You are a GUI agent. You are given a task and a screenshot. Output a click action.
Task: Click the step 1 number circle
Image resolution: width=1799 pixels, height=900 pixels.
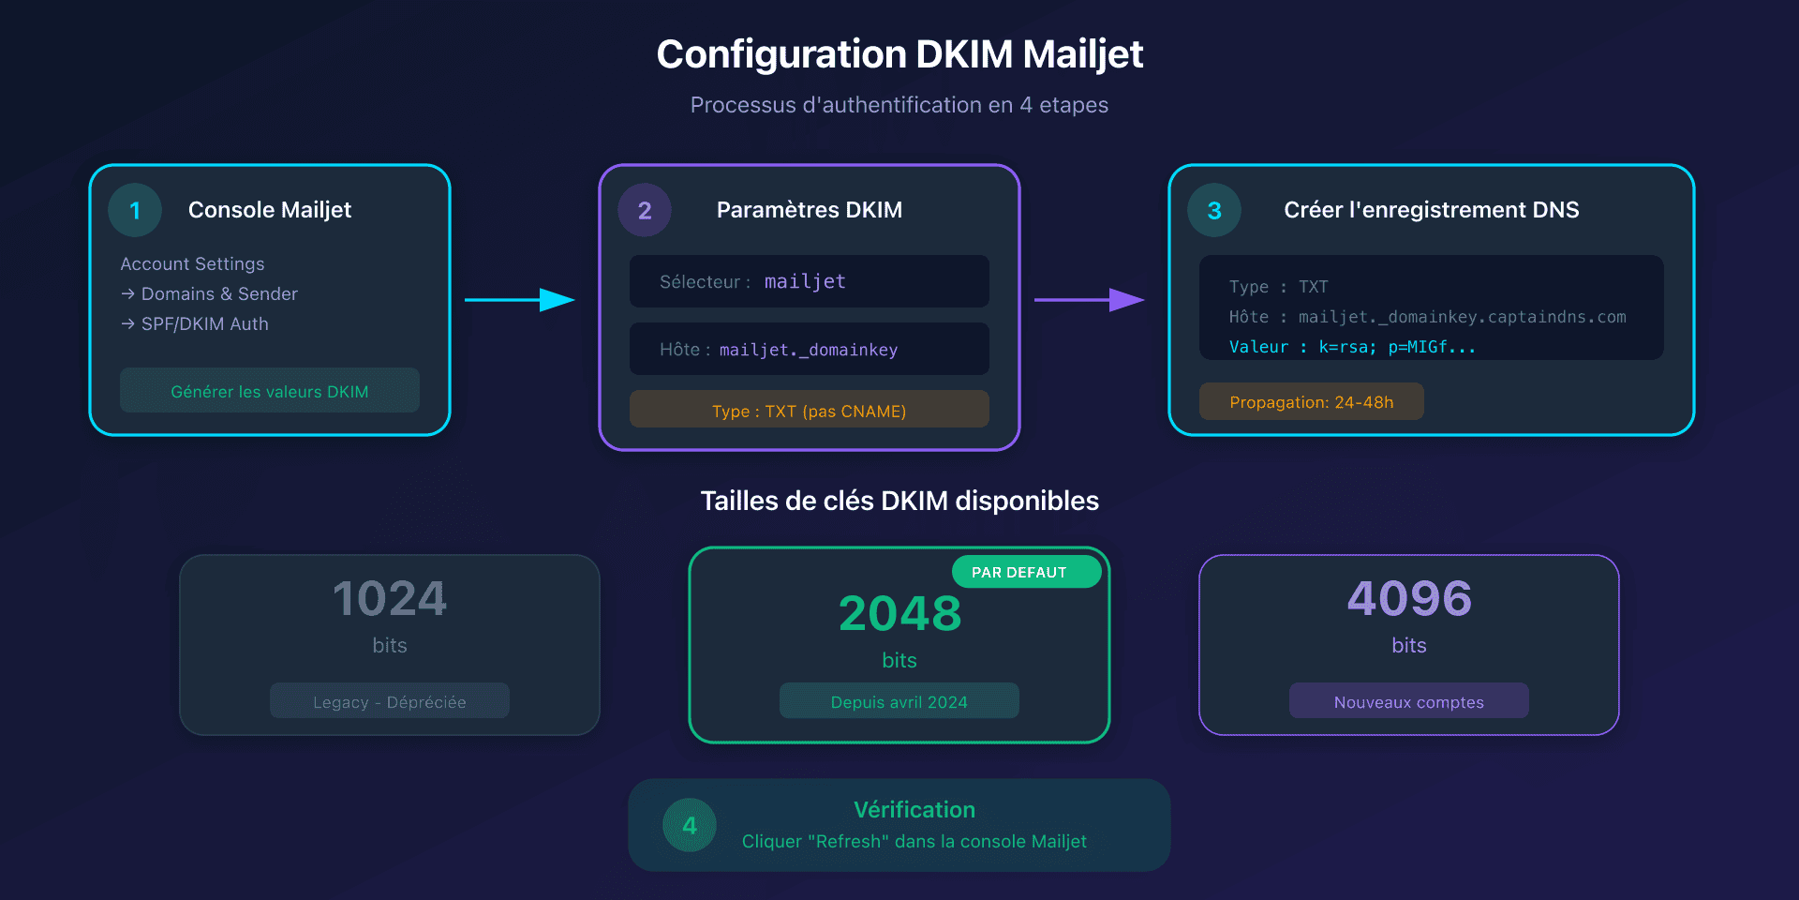135,210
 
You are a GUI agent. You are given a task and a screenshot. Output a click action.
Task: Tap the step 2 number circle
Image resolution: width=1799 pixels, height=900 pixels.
645,210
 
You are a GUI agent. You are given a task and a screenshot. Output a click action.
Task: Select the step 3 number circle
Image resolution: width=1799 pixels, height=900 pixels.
1214,210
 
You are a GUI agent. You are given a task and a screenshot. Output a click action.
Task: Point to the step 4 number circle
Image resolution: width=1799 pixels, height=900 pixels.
690,825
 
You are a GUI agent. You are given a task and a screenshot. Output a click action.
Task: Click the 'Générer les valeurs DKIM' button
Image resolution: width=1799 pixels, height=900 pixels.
270,391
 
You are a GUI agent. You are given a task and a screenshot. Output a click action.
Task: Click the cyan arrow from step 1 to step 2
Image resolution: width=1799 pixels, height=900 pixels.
519,300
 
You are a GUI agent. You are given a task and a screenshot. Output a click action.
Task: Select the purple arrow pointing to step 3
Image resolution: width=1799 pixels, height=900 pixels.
1089,300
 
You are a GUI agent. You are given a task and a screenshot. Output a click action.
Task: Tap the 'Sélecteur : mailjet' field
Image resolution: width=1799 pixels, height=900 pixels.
810,281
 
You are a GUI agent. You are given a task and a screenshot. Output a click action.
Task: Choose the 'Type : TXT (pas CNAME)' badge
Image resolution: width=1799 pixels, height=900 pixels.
810,410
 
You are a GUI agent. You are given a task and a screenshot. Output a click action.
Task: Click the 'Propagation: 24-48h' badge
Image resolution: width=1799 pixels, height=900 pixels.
1312,402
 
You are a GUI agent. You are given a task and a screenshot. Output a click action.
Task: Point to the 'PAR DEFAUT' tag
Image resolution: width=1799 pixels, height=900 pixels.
1027,572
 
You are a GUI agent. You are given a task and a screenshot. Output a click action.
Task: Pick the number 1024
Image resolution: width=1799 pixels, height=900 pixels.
390,599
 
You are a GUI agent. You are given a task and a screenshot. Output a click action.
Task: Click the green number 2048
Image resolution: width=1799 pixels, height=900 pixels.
899,614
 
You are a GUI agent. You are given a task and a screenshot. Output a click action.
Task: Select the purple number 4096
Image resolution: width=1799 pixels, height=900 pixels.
1409,599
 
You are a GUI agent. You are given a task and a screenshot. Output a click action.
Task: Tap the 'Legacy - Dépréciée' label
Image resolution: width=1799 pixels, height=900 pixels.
390,701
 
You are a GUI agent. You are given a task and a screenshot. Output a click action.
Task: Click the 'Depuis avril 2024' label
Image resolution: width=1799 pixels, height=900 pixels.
899,701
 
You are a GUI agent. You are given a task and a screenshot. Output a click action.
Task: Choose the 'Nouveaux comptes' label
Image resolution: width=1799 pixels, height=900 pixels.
1409,701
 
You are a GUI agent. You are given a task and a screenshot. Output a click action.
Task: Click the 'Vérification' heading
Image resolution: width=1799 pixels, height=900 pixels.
914,809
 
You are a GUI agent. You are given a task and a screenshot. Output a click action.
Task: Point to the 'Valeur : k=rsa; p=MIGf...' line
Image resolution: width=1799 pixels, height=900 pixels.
1352,347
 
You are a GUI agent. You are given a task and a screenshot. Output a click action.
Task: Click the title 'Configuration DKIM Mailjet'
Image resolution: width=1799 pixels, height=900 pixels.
899,54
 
